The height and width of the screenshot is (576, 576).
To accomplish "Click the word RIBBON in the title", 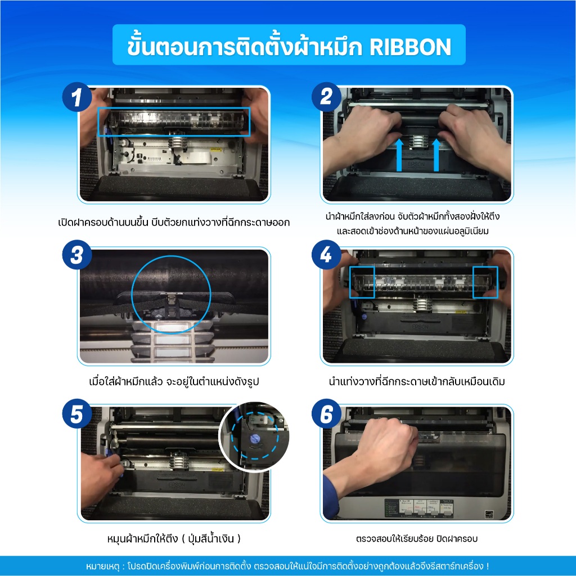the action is (410, 47).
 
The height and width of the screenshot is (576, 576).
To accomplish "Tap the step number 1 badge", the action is (76, 97).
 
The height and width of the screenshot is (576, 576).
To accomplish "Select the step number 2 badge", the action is (326, 97).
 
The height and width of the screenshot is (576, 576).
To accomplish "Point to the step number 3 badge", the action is (76, 255).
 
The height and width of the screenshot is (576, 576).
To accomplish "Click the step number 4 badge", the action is (326, 255).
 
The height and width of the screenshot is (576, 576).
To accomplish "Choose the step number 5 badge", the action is (76, 413).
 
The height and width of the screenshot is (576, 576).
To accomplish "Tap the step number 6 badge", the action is (326, 413).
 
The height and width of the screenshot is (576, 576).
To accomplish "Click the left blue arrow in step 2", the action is (399, 155).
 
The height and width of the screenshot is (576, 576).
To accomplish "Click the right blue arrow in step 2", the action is (436, 155).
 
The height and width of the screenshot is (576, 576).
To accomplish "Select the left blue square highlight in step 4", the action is (362, 282).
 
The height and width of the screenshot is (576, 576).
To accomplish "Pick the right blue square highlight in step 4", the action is (485, 282).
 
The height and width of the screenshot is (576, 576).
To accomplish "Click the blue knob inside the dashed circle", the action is (255, 439).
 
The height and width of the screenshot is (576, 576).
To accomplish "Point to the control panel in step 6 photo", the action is (418, 508).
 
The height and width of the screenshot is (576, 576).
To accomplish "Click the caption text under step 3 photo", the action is (174, 381).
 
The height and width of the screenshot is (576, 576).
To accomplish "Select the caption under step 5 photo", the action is (174, 538).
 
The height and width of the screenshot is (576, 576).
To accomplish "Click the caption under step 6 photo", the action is (417, 539).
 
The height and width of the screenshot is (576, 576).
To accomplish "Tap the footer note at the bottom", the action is (287, 566).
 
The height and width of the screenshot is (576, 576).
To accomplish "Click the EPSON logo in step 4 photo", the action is (420, 327).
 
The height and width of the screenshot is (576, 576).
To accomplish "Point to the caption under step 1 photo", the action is (174, 222).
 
